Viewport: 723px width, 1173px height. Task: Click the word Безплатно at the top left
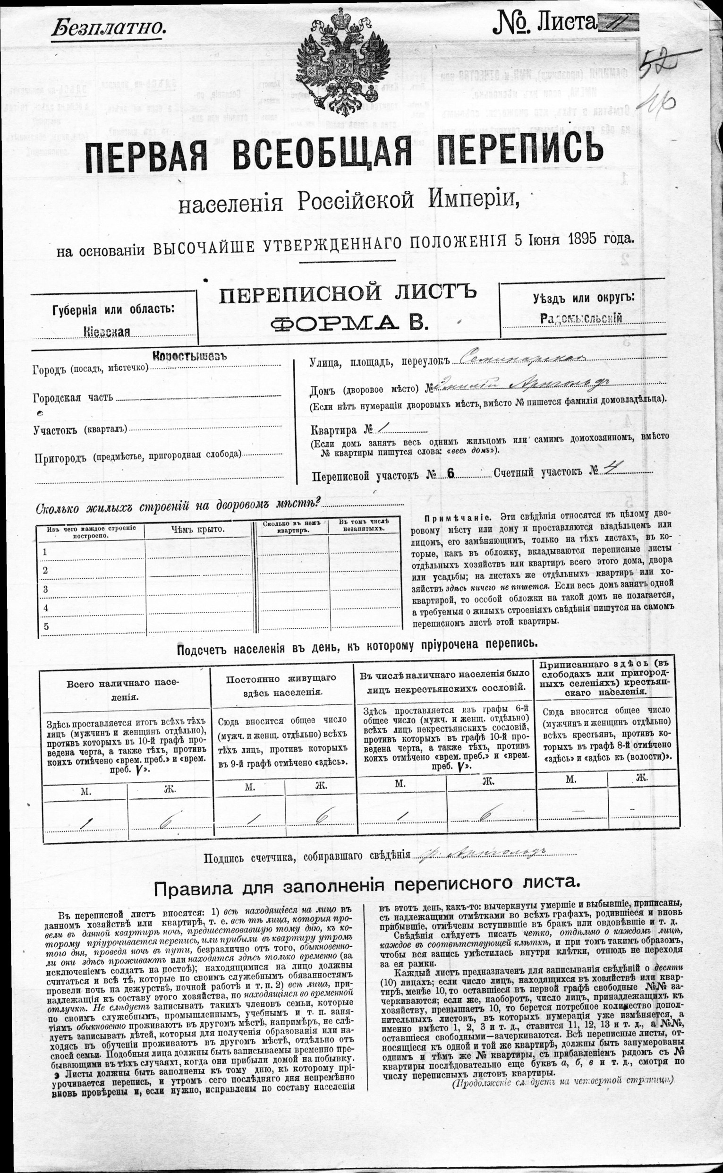pyautogui.click(x=108, y=27)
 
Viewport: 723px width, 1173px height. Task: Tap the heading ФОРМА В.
pyautogui.click(x=349, y=324)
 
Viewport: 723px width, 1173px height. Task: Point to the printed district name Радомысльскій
pyautogui.click(x=581, y=318)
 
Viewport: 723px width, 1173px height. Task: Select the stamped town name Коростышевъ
pyautogui.click(x=189, y=356)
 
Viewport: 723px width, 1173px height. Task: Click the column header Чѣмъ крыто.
pyautogui.click(x=197, y=530)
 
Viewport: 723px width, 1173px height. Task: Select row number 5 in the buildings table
pyautogui.click(x=46, y=626)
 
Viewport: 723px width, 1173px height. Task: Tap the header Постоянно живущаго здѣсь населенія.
pyautogui.click(x=281, y=685)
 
